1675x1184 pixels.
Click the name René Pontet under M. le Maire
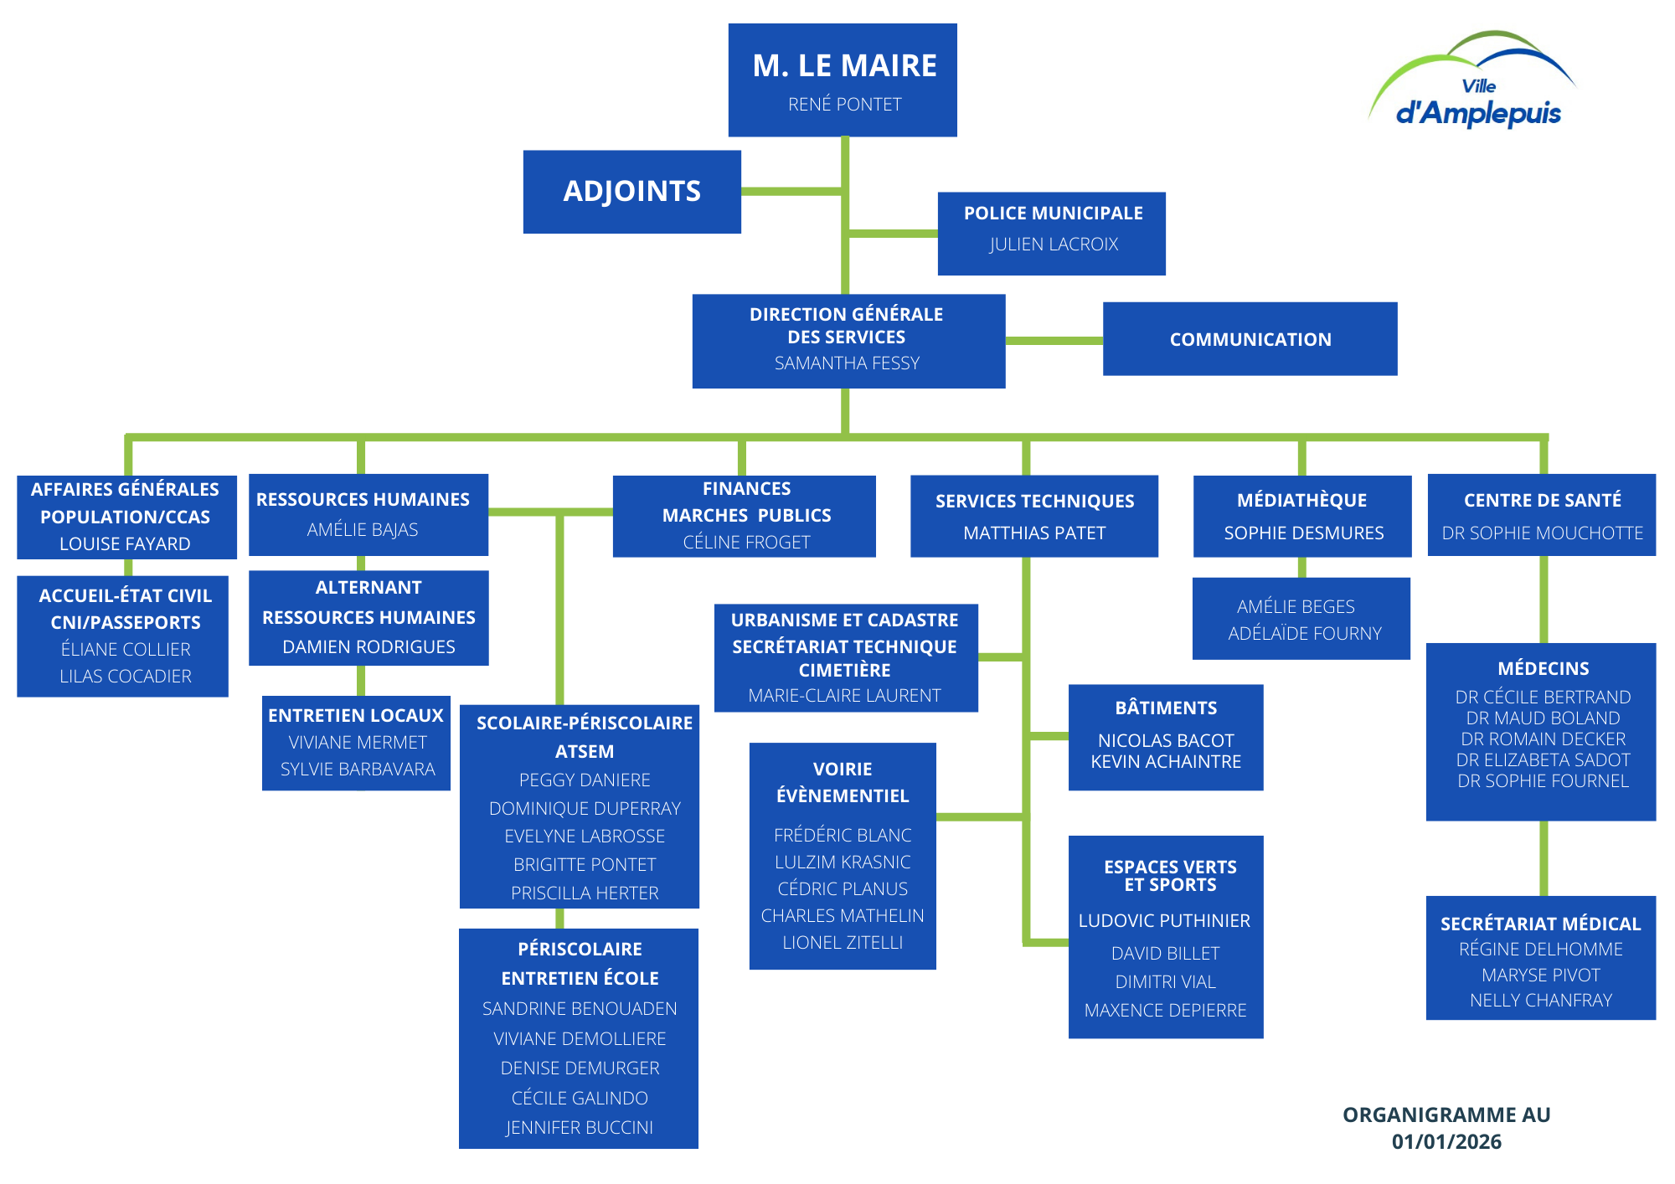click(x=844, y=105)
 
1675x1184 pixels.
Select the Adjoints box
click(x=632, y=192)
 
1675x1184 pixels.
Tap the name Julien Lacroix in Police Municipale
click(x=1054, y=245)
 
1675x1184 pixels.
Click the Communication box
click(x=1250, y=339)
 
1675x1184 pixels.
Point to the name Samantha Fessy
click(x=847, y=363)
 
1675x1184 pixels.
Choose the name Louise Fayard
click(x=125, y=544)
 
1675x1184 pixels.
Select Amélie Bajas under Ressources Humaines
click(x=363, y=530)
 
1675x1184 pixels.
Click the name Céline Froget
click(x=746, y=543)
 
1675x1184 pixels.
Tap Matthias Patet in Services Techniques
click(x=1034, y=533)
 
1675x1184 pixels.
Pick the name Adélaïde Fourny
click(x=1304, y=634)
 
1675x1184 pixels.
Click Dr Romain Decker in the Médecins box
click(x=1543, y=739)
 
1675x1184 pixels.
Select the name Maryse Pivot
click(x=1540, y=976)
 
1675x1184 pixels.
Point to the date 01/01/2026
click(x=1446, y=1142)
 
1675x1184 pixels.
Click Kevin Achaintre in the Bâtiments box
click(x=1166, y=762)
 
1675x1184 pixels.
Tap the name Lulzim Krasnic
click(x=843, y=862)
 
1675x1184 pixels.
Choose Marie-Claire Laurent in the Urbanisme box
click(x=844, y=696)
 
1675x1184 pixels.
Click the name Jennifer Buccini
click(x=580, y=1128)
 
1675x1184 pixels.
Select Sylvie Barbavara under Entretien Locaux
click(x=358, y=770)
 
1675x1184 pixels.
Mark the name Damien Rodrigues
click(x=368, y=647)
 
